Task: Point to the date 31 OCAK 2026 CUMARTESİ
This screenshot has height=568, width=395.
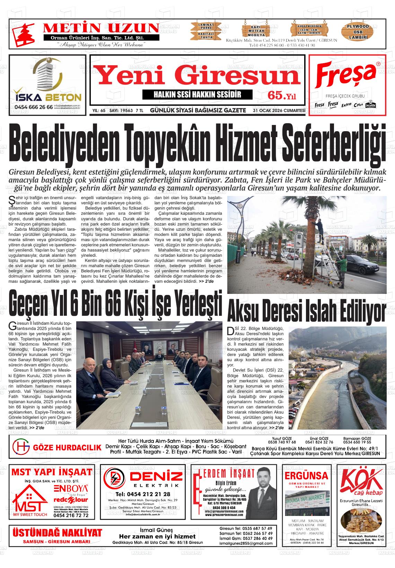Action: coord(279,111)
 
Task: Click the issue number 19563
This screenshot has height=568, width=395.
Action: coord(125,111)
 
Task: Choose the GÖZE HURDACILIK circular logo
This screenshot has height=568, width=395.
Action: coord(21,448)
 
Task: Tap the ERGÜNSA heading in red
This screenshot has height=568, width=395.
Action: coord(306,475)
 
